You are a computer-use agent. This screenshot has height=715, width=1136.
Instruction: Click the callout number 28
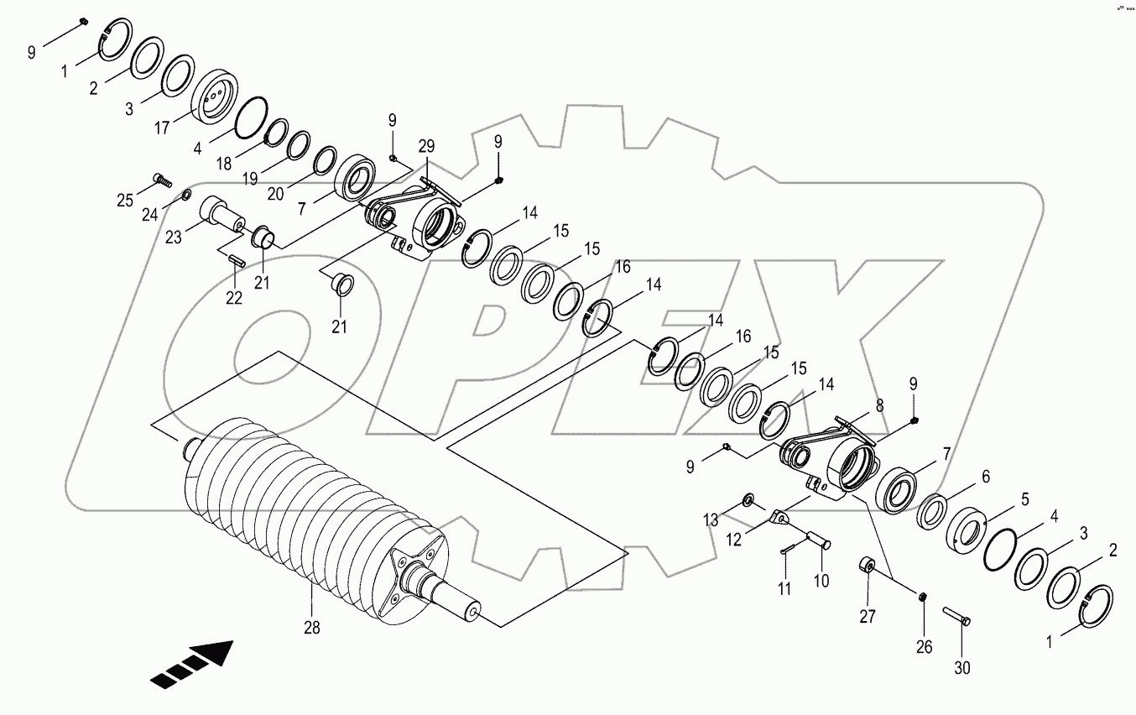pos(312,626)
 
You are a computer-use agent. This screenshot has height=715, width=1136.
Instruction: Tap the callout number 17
pos(162,128)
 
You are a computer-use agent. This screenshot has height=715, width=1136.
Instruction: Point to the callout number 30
pos(963,668)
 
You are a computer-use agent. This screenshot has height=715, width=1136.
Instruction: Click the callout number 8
pos(878,404)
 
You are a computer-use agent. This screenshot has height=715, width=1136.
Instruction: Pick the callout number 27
pos(868,617)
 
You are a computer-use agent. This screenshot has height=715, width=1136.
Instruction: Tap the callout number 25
pos(124,200)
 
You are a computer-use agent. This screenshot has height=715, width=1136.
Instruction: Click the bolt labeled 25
pos(161,178)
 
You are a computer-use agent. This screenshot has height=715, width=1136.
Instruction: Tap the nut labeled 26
pos(922,597)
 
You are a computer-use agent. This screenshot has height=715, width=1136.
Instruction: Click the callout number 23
pos(173,237)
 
